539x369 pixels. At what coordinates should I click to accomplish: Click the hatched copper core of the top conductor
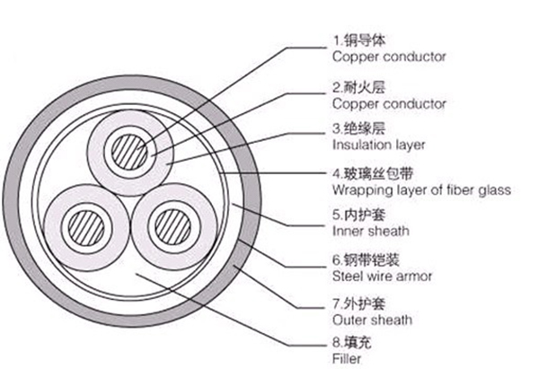point(129,153)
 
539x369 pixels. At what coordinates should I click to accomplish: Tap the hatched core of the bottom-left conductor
point(86,228)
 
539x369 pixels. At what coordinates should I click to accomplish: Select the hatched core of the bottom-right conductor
point(172,227)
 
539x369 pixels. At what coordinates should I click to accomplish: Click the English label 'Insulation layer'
point(378,145)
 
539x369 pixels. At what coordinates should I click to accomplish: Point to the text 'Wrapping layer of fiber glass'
point(421,189)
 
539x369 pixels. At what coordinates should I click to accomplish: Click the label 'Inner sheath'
point(371,231)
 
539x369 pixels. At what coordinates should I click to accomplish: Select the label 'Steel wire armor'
point(382,276)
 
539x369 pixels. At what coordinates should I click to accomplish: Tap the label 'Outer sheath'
point(372,320)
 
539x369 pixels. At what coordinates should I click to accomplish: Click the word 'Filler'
point(347,358)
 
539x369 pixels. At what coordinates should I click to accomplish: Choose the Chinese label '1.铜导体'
point(358,40)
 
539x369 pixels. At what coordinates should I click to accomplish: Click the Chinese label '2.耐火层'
point(358,88)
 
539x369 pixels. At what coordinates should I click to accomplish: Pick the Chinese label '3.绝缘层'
point(358,129)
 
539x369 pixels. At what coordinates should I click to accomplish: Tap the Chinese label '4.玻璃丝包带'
point(373,174)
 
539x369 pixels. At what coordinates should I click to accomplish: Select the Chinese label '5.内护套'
point(358,215)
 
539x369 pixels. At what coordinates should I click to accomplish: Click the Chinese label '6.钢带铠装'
point(366,260)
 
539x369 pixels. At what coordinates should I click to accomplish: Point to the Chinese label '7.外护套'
point(358,303)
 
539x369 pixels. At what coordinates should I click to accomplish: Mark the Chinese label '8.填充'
point(352,343)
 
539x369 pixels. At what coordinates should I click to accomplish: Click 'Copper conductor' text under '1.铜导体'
point(389,57)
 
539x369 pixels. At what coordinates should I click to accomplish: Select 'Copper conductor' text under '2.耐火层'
point(389,104)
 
